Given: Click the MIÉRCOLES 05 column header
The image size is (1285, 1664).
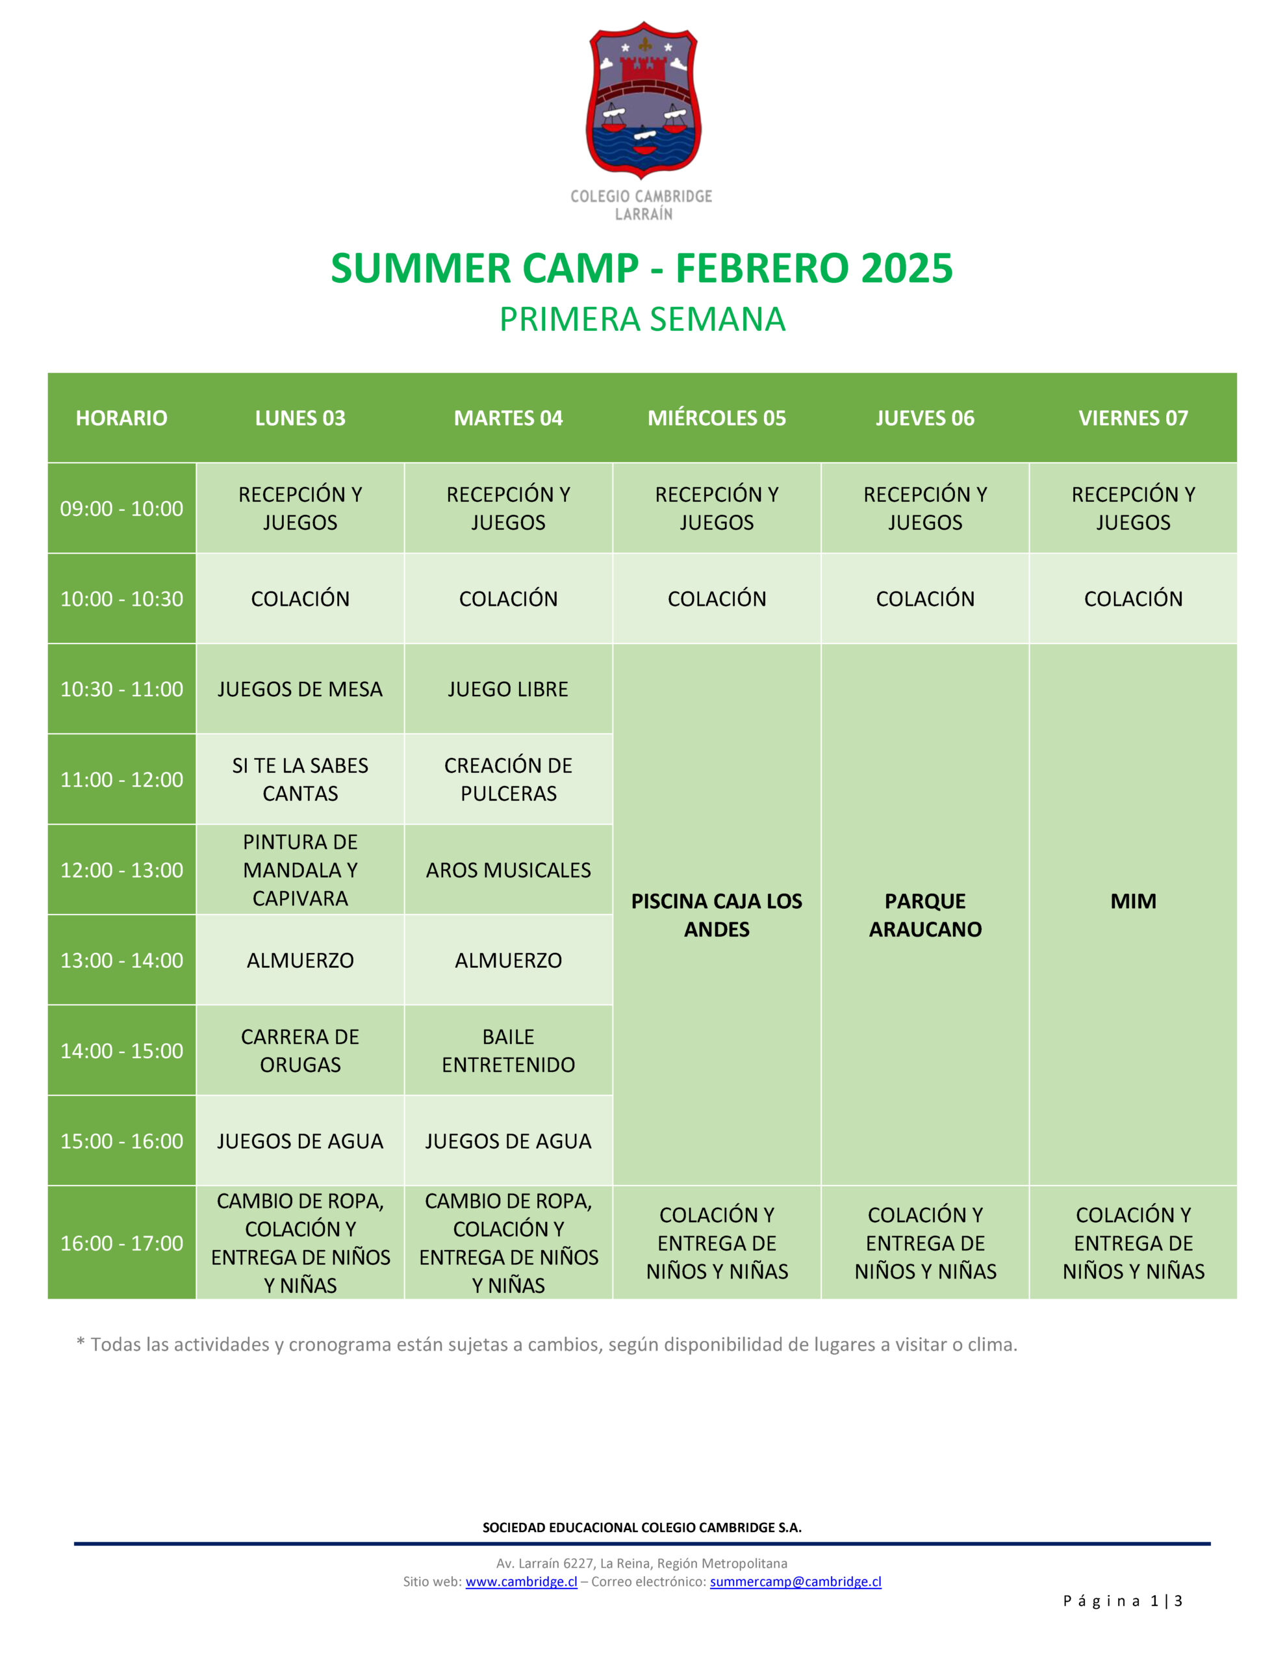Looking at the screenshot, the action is pos(717,417).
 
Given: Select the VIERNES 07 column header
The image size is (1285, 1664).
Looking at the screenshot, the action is pos(1134,417).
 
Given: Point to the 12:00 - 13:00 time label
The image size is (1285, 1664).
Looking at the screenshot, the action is pos(122,870).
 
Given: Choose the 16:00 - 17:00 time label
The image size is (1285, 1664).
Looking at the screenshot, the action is pos(122,1243).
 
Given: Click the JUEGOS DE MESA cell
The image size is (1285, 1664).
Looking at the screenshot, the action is pos(300,689).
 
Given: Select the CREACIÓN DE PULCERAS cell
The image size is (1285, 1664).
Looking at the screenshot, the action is pos(509,779).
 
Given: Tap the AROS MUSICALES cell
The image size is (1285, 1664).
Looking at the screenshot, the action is pos(509,870).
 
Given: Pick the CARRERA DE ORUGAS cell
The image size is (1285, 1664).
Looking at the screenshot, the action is pos(300,1050).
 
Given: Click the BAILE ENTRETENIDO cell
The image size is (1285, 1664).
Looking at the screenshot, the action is pos(509,1050).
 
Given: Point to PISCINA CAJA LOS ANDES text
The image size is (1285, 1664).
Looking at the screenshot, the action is pos(717,915).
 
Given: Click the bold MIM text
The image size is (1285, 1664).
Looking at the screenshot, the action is pos(1134,902).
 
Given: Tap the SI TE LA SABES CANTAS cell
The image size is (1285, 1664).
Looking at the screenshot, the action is pos(300,779).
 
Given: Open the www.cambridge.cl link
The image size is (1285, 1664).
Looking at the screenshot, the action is pos(522,1581).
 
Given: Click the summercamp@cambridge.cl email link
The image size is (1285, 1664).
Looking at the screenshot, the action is pos(796,1581).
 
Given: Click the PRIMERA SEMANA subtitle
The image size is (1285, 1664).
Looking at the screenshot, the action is pos(642,319).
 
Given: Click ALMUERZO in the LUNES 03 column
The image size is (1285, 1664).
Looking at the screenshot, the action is pos(300,960).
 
